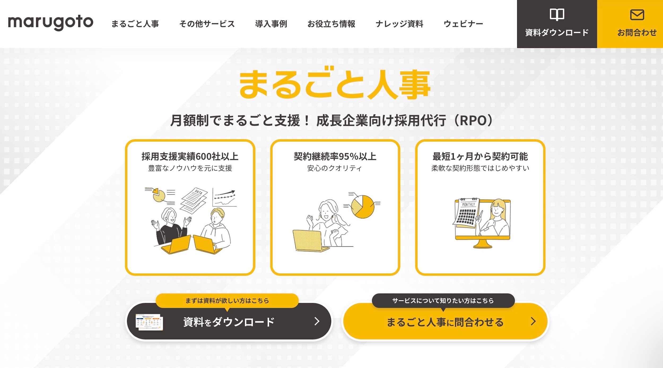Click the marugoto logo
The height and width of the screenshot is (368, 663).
(51, 23)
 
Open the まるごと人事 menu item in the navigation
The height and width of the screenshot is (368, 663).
(135, 24)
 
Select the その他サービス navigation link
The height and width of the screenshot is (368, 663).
(207, 24)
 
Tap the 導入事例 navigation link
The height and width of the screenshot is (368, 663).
(271, 24)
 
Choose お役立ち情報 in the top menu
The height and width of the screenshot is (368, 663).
(331, 24)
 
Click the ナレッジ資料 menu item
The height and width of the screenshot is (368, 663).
(399, 24)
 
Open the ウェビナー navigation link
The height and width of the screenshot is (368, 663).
(463, 24)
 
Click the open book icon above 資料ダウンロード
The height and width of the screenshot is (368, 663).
(557, 14)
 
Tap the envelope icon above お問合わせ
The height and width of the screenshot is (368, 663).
(637, 15)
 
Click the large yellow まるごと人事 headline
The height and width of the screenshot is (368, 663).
(335, 84)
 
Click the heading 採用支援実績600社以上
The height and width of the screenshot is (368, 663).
(190, 156)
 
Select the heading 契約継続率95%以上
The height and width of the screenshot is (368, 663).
(335, 156)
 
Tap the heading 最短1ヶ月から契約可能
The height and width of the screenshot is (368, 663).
(480, 156)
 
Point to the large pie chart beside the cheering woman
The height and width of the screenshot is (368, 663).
(363, 207)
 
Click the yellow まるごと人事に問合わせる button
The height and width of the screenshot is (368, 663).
(446, 321)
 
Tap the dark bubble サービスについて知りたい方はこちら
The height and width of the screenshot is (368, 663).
(443, 301)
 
